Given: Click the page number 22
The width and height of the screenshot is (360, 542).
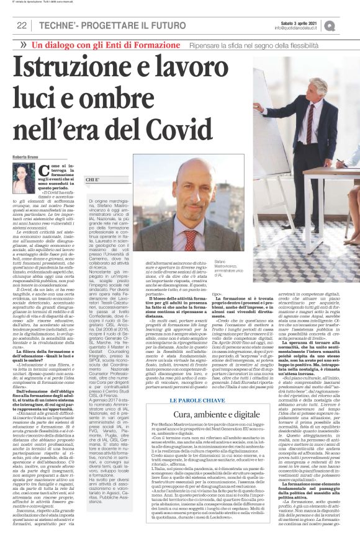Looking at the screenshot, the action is click(x=21, y=25).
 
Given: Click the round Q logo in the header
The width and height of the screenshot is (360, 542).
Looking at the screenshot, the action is click(x=347, y=25).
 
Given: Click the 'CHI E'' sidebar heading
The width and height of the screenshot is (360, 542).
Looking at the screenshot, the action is click(x=92, y=179).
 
